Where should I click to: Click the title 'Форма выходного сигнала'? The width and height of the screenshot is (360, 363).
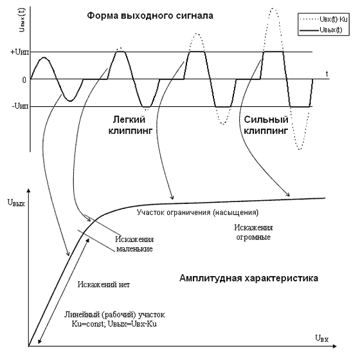(x=150, y=15)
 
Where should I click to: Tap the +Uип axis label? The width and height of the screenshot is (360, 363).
(x=20, y=52)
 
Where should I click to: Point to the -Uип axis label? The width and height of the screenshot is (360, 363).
(x=21, y=106)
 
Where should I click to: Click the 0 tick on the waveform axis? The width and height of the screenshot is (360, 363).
(x=24, y=80)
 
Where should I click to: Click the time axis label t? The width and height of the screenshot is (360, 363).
(x=327, y=74)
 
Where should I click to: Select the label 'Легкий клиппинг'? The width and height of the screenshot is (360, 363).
(x=130, y=126)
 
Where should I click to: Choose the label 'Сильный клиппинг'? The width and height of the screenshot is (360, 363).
(x=266, y=126)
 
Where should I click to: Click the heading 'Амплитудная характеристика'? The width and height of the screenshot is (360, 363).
(x=249, y=278)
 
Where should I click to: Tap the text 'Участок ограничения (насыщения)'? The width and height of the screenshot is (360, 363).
(x=198, y=212)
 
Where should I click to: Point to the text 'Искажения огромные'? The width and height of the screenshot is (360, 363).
(x=253, y=232)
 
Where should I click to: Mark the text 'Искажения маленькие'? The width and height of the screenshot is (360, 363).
(x=134, y=244)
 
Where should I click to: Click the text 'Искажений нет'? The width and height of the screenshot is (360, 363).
(x=104, y=284)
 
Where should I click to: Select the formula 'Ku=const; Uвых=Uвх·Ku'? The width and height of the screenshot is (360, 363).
(x=114, y=324)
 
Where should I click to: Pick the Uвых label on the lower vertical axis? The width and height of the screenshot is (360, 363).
(x=16, y=203)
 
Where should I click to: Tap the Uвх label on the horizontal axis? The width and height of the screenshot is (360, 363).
(x=321, y=339)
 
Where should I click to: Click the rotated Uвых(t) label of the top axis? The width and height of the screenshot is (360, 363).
(x=22, y=20)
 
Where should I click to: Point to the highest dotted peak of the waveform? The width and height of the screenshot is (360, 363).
(x=273, y=8)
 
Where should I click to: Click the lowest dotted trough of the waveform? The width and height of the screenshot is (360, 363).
(x=300, y=149)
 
